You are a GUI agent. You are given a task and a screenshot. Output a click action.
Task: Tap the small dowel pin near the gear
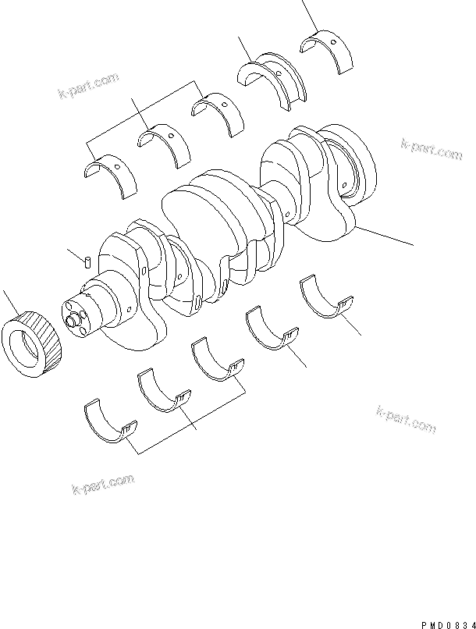tap(88, 260)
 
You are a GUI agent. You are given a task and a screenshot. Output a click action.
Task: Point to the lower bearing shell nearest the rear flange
tap(326, 300)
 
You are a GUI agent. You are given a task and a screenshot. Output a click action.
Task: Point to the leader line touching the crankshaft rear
tap(385, 236)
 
